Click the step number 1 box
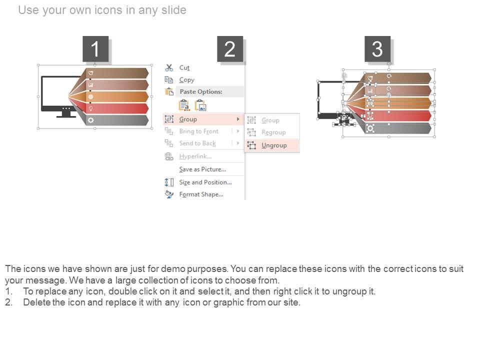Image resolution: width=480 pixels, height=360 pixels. (95, 48)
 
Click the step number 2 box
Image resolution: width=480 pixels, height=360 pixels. (230, 48)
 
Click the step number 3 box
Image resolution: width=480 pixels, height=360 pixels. (377, 48)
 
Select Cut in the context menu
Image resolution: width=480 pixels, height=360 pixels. (184, 67)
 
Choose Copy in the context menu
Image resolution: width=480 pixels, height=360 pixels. (186, 80)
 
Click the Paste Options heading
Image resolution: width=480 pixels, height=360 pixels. (201, 91)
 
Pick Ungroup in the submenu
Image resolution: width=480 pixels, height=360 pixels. (274, 145)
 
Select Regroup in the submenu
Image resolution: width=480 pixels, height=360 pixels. (273, 132)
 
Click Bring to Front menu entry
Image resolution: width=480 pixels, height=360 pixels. (199, 131)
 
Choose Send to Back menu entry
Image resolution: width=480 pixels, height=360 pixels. (197, 143)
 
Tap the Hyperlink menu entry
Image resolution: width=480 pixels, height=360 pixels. (195, 156)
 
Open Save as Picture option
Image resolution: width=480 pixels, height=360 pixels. (202, 169)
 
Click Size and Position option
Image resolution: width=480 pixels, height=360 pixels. (205, 182)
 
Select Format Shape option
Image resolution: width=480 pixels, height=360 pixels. (201, 194)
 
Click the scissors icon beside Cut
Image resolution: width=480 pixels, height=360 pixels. (169, 67)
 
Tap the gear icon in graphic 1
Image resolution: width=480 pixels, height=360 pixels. (90, 120)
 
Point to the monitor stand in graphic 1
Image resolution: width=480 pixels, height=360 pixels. (66, 114)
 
